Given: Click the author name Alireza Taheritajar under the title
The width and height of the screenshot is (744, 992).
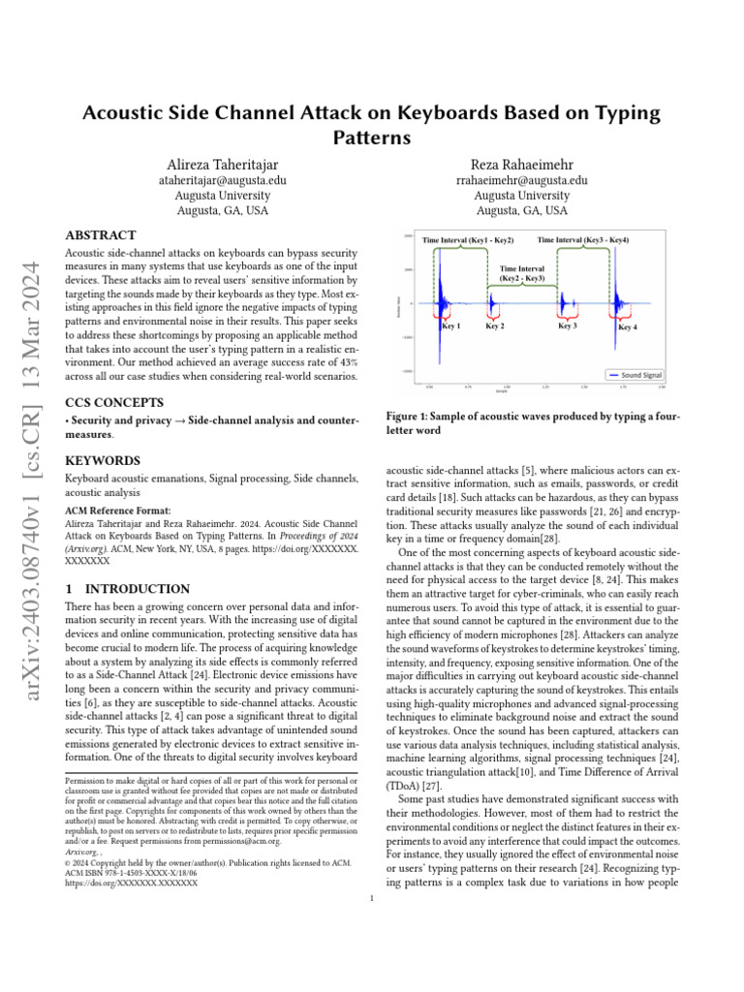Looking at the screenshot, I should coord(222,162).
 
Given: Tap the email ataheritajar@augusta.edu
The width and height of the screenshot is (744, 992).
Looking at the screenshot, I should coord(222,179).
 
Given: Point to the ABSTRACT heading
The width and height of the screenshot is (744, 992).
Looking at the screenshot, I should coord(100,235).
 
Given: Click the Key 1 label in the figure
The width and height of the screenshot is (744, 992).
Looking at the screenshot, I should coord(450,327).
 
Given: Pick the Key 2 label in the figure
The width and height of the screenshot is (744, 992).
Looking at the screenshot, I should coord(494,327).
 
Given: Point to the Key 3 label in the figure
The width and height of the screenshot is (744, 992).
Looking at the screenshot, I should coord(567,326).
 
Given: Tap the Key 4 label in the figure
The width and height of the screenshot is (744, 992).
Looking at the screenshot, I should coord(628,328).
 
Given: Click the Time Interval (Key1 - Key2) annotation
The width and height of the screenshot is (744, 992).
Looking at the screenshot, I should coord(469,240).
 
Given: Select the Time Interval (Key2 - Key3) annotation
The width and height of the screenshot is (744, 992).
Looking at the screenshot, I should coord(522,273).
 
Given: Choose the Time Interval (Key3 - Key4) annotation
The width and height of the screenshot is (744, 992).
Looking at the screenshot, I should coord(583,240).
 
